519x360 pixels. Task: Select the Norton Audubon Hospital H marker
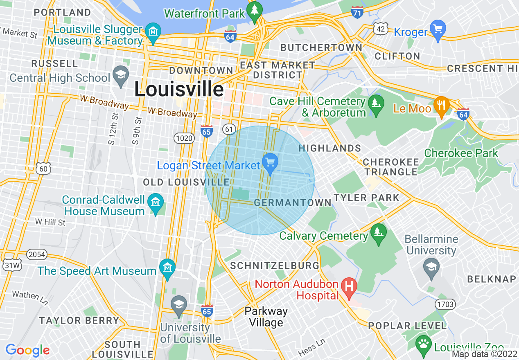tap(349, 287)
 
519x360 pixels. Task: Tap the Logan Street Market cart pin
tap(270, 162)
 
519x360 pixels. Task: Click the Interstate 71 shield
tap(357, 12)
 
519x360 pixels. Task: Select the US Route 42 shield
tap(380, 28)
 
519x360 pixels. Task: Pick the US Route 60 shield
tap(43, 168)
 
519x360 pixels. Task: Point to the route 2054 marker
tap(37, 254)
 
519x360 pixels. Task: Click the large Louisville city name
tap(179, 89)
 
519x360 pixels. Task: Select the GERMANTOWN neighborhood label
tap(293, 202)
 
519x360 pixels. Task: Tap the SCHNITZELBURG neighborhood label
tap(275, 265)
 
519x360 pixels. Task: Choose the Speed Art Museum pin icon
tap(167, 268)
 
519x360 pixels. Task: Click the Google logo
tap(27, 350)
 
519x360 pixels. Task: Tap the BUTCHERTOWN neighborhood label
tap(321, 48)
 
